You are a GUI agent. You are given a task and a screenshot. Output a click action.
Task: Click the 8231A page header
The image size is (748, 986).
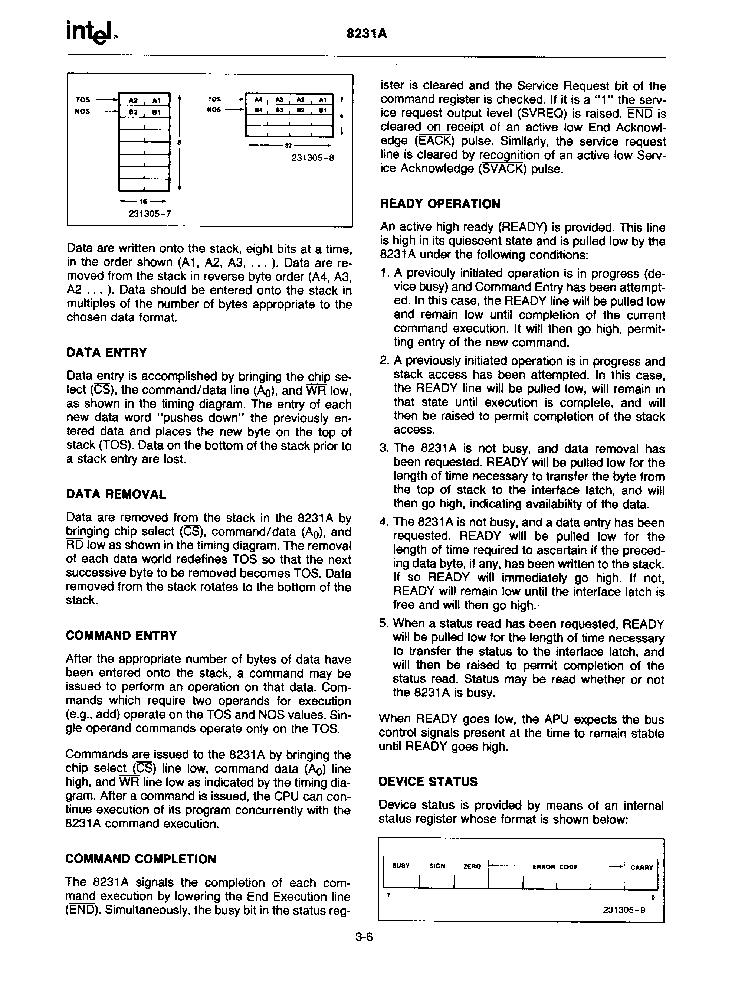click(x=366, y=34)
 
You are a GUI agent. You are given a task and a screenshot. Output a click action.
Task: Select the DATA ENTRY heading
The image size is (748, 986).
click(x=106, y=353)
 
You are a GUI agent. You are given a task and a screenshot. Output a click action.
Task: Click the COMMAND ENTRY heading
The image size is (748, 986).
click(x=121, y=635)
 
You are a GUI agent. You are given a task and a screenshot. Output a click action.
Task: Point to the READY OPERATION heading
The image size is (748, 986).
click(x=440, y=204)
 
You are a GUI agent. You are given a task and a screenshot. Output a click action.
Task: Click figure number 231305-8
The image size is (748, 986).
click(x=313, y=158)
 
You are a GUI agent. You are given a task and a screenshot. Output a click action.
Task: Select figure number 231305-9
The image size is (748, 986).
click(x=624, y=910)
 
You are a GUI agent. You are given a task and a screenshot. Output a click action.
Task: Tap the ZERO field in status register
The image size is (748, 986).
click(x=472, y=866)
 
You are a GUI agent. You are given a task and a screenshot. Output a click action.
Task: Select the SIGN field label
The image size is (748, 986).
click(x=437, y=866)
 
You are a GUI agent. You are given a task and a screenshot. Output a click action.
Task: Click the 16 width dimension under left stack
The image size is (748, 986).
click(x=144, y=202)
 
